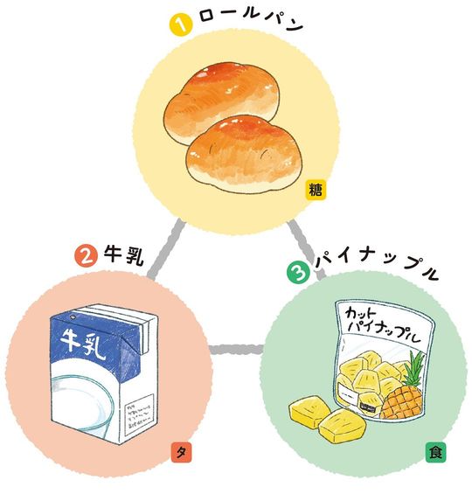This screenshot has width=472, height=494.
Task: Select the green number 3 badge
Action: point(298,273)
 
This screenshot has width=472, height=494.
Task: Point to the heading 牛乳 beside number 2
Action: point(124,255)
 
